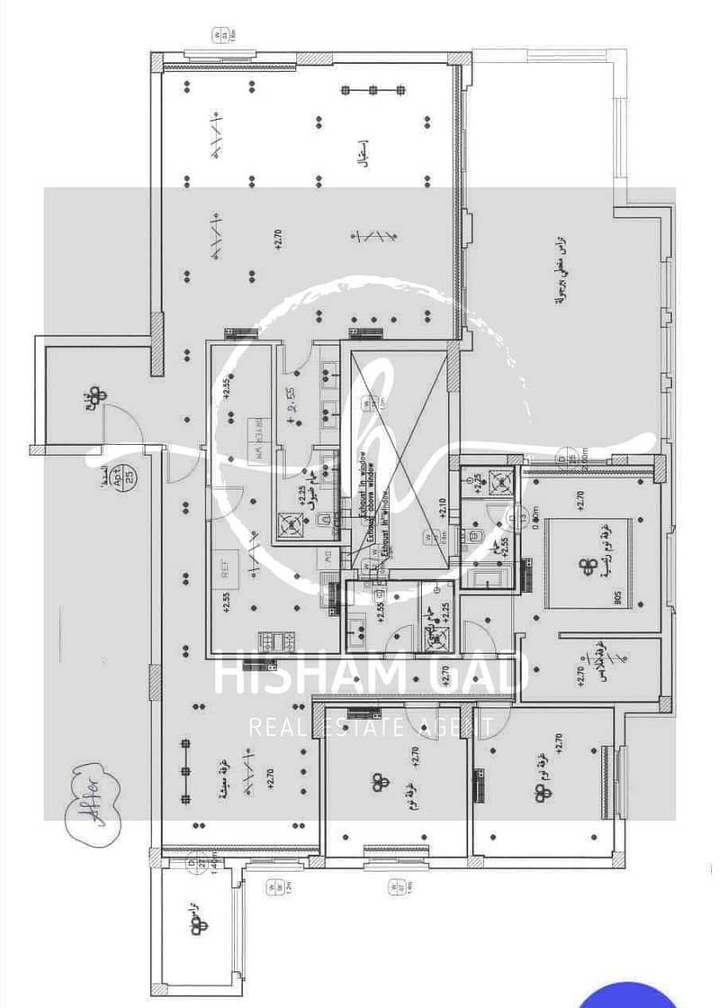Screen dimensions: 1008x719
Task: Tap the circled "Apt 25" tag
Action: [x=127, y=473]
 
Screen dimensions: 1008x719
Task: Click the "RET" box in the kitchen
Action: [x=226, y=566]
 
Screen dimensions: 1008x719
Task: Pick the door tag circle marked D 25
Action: [x=568, y=458]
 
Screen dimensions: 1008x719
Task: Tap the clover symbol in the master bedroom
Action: [x=589, y=566]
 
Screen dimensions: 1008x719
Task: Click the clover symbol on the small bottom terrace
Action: [x=202, y=925]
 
